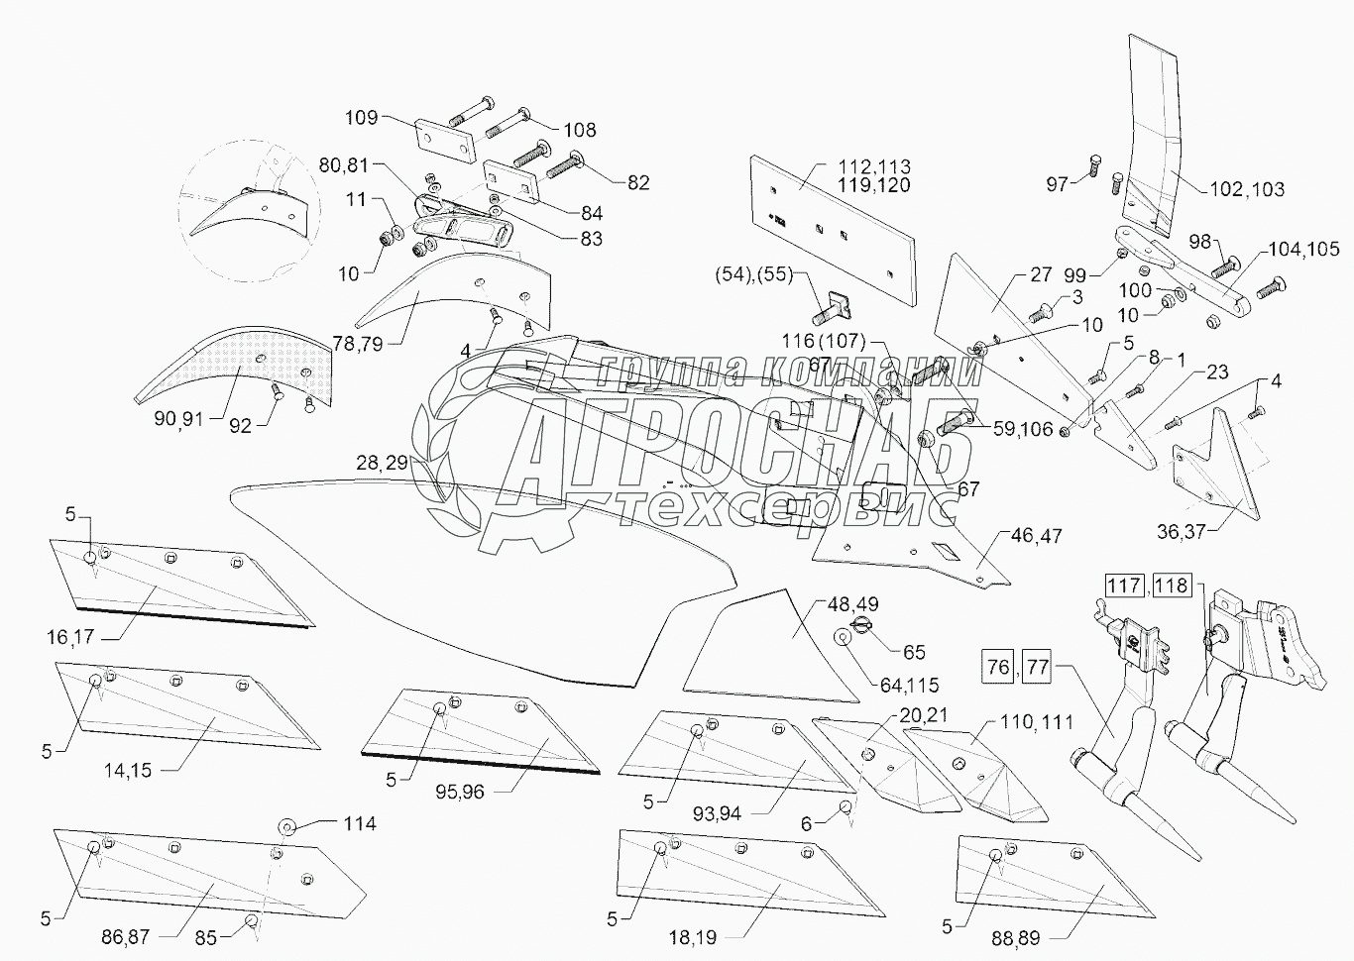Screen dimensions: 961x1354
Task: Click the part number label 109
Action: click(361, 118)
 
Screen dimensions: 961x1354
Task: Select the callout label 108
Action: click(580, 130)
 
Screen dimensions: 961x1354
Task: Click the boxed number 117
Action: click(1124, 586)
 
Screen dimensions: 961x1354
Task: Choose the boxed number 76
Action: click(999, 667)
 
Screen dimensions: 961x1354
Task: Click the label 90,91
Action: click(179, 418)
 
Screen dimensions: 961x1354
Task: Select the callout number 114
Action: click(360, 823)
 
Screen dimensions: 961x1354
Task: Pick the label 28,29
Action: click(383, 463)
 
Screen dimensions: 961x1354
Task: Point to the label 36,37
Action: click(1183, 531)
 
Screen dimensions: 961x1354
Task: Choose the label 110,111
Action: click(1036, 722)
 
